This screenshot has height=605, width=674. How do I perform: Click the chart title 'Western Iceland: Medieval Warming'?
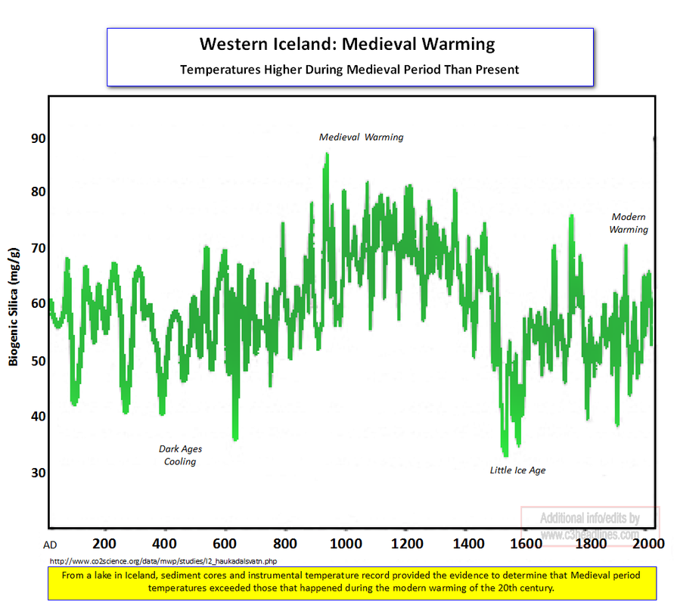tap(347, 44)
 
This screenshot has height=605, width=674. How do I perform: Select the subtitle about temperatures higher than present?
tap(349, 69)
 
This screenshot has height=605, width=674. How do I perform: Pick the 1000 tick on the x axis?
tap(346, 543)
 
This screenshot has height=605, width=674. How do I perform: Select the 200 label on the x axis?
tap(104, 543)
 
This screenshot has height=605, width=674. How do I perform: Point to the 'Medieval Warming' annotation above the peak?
tap(361, 138)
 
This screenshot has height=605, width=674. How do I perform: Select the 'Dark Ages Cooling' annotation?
tap(180, 455)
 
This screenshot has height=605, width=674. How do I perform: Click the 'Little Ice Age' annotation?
tap(517, 470)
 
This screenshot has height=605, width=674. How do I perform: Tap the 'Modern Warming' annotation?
tap(629, 223)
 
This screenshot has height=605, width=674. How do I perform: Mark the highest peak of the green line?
tap(327, 155)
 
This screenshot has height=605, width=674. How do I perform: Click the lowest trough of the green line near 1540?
tap(505, 453)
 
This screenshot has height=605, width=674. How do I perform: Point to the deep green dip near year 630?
tap(235, 437)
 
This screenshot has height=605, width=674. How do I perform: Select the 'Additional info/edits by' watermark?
tap(589, 519)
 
